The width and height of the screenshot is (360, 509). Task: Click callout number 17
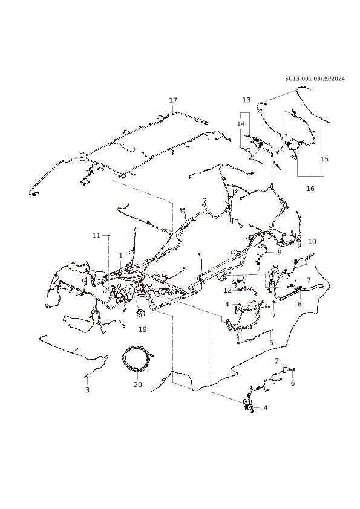pyautogui.click(x=173, y=100)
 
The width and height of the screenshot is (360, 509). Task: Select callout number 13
pyautogui.click(x=247, y=100)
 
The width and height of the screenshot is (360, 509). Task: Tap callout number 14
pyautogui.click(x=241, y=124)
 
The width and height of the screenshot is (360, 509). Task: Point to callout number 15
pyautogui.click(x=324, y=159)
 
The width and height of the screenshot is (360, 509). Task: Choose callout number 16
pyautogui.click(x=310, y=188)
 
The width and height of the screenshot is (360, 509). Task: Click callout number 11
pyautogui.click(x=96, y=235)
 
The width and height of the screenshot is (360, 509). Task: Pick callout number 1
pyautogui.click(x=120, y=256)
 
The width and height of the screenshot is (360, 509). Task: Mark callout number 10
pyautogui.click(x=312, y=242)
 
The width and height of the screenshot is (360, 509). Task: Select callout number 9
pyautogui.click(x=280, y=252)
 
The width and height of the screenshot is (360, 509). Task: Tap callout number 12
pyautogui.click(x=227, y=290)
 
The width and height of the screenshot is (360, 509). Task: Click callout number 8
pyautogui.click(x=299, y=304)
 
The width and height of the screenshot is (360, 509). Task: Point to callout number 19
pyautogui.click(x=143, y=329)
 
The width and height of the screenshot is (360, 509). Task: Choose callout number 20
pyautogui.click(x=138, y=384)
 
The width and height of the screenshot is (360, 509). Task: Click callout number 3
pyautogui.click(x=87, y=390)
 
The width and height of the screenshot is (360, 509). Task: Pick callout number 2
pyautogui.click(x=277, y=361)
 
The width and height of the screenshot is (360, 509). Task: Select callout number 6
pyautogui.click(x=293, y=383)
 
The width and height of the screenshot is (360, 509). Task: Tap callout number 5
pyautogui.click(x=271, y=343)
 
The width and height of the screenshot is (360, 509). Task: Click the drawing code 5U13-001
pyautogui.click(x=299, y=79)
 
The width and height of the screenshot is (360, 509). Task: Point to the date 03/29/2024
pyautogui.click(x=330, y=79)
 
